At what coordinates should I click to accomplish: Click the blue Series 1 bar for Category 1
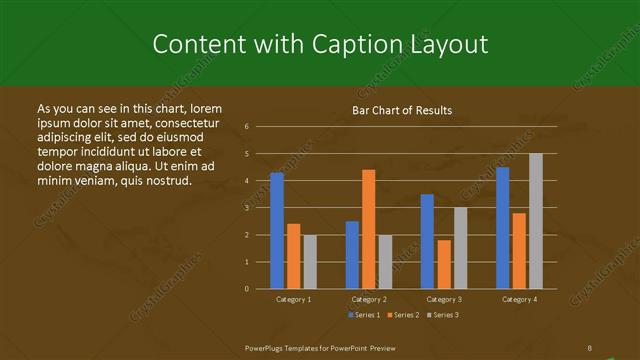[x=277, y=230]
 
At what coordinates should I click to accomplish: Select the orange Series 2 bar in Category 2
[x=369, y=229]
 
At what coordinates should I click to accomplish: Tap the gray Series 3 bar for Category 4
[x=536, y=221]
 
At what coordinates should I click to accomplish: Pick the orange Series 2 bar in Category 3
[x=444, y=264]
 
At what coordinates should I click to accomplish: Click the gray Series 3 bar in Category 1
[x=310, y=261]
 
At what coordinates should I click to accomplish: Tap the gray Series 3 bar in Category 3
[x=460, y=248]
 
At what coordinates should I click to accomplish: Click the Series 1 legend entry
[x=364, y=315]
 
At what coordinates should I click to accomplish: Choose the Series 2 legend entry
[x=403, y=315]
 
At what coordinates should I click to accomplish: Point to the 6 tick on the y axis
[x=247, y=127]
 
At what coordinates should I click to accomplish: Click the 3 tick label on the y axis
[x=247, y=208]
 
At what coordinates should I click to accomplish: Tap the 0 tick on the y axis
[x=247, y=289]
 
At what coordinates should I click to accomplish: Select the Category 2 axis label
[x=368, y=299]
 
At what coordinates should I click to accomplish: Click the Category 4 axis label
[x=518, y=299]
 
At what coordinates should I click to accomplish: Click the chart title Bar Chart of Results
[x=402, y=110]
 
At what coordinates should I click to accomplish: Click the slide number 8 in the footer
[x=590, y=348]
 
